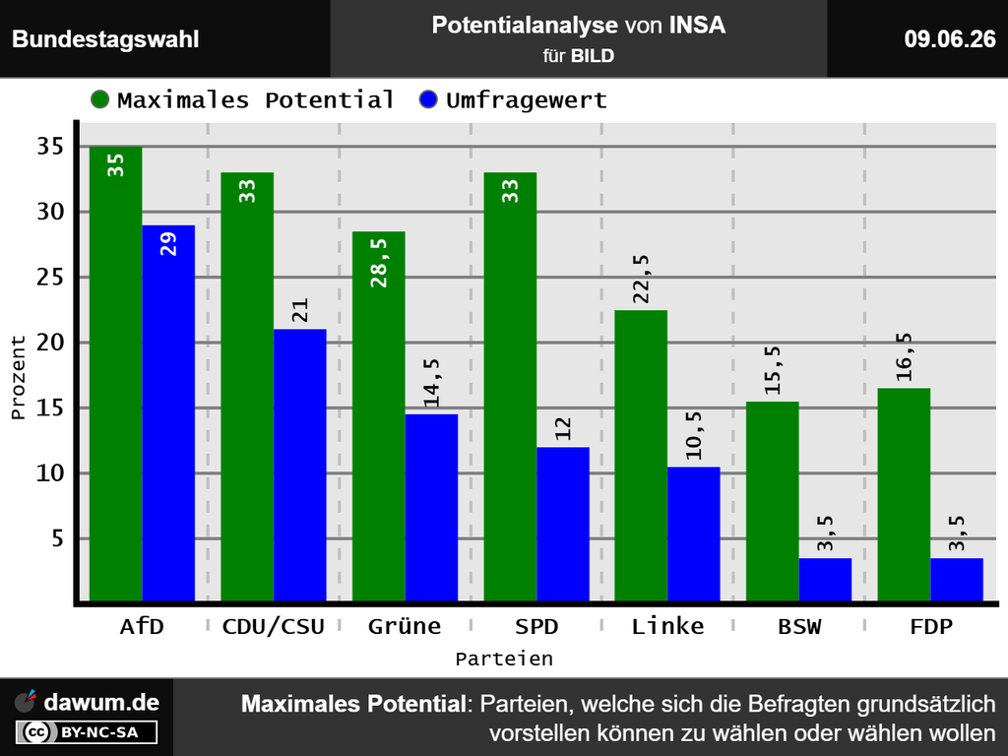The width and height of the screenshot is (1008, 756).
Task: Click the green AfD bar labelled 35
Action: [x=116, y=373]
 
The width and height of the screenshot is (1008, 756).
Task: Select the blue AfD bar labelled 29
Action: [x=168, y=412]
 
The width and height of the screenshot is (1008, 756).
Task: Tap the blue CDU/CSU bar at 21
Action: [x=299, y=465]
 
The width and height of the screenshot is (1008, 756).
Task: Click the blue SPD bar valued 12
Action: [x=562, y=524]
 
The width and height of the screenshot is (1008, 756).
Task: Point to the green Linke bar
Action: [x=641, y=455]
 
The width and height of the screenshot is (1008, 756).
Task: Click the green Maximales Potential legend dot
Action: [x=100, y=99]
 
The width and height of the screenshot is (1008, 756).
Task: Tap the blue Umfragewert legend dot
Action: [x=428, y=99]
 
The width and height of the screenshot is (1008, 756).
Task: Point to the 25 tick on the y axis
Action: [x=51, y=277]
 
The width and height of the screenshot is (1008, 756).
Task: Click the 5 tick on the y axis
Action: [x=58, y=538]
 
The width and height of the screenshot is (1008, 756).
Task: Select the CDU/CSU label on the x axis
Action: [x=274, y=626]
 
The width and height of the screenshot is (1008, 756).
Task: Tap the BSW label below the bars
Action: [x=799, y=626]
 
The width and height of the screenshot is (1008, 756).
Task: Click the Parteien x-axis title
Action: [x=504, y=659]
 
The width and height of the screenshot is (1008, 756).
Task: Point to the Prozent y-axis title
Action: [x=18, y=377]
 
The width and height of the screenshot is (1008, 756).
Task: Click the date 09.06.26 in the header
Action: [x=950, y=39]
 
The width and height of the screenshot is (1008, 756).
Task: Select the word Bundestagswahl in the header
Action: [x=105, y=39]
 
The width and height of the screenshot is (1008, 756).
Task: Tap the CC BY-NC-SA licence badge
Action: [x=87, y=732]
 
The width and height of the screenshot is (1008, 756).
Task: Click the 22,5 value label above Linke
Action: [x=641, y=279]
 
